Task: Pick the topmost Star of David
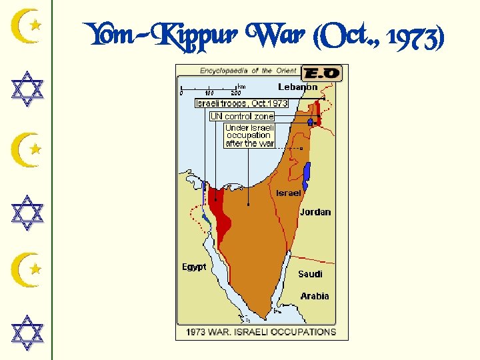pyautogui.click(x=28, y=89)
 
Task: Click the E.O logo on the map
pyautogui.click(x=321, y=73)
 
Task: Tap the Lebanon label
pyautogui.click(x=297, y=87)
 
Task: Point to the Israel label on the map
pyautogui.click(x=289, y=193)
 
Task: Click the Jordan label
pyautogui.click(x=315, y=212)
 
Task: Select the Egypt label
pyautogui.click(x=194, y=267)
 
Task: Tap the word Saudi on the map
pyautogui.click(x=310, y=274)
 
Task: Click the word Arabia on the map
pyautogui.click(x=314, y=296)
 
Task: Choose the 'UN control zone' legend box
pyautogui.click(x=242, y=116)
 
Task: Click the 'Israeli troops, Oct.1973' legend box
pyautogui.click(x=241, y=103)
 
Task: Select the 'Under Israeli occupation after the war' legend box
pyautogui.click(x=249, y=135)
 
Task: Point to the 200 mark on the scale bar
pyautogui.click(x=235, y=93)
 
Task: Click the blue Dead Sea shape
pyautogui.click(x=307, y=175)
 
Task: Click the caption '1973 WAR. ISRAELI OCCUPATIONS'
pyautogui.click(x=261, y=331)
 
